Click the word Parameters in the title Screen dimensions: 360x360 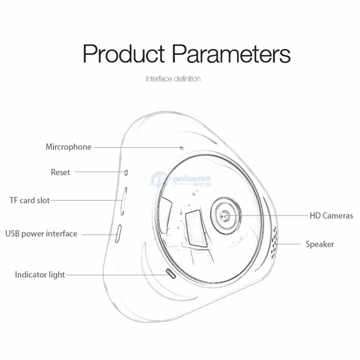click(x=231, y=54)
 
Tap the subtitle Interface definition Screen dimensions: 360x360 click(x=174, y=79)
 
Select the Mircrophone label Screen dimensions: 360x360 click(x=68, y=147)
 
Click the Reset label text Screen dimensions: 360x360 click(x=60, y=172)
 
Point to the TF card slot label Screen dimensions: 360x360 click(x=30, y=201)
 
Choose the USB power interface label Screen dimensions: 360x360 click(x=41, y=234)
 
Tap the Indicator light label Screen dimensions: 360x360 click(x=40, y=275)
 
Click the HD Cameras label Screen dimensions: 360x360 click(x=331, y=216)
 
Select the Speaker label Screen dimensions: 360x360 click(x=320, y=244)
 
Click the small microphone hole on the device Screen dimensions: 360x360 click(x=182, y=148)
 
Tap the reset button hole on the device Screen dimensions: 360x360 click(x=126, y=173)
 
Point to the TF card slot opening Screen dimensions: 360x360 click(x=124, y=201)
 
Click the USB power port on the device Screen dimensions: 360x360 click(x=118, y=234)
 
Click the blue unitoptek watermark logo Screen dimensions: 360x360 click(x=180, y=181)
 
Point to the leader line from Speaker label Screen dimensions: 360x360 click(x=288, y=244)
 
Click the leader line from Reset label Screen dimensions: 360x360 click(x=100, y=172)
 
